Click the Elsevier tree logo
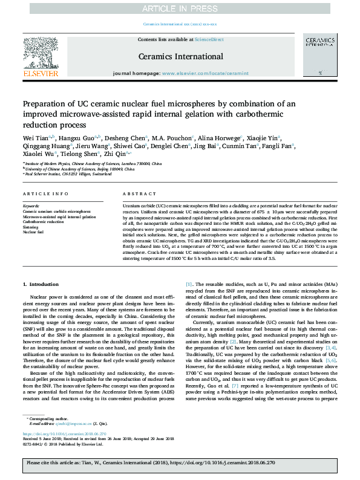[41, 56]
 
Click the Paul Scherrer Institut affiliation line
[64, 174]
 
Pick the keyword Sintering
[31, 227]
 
